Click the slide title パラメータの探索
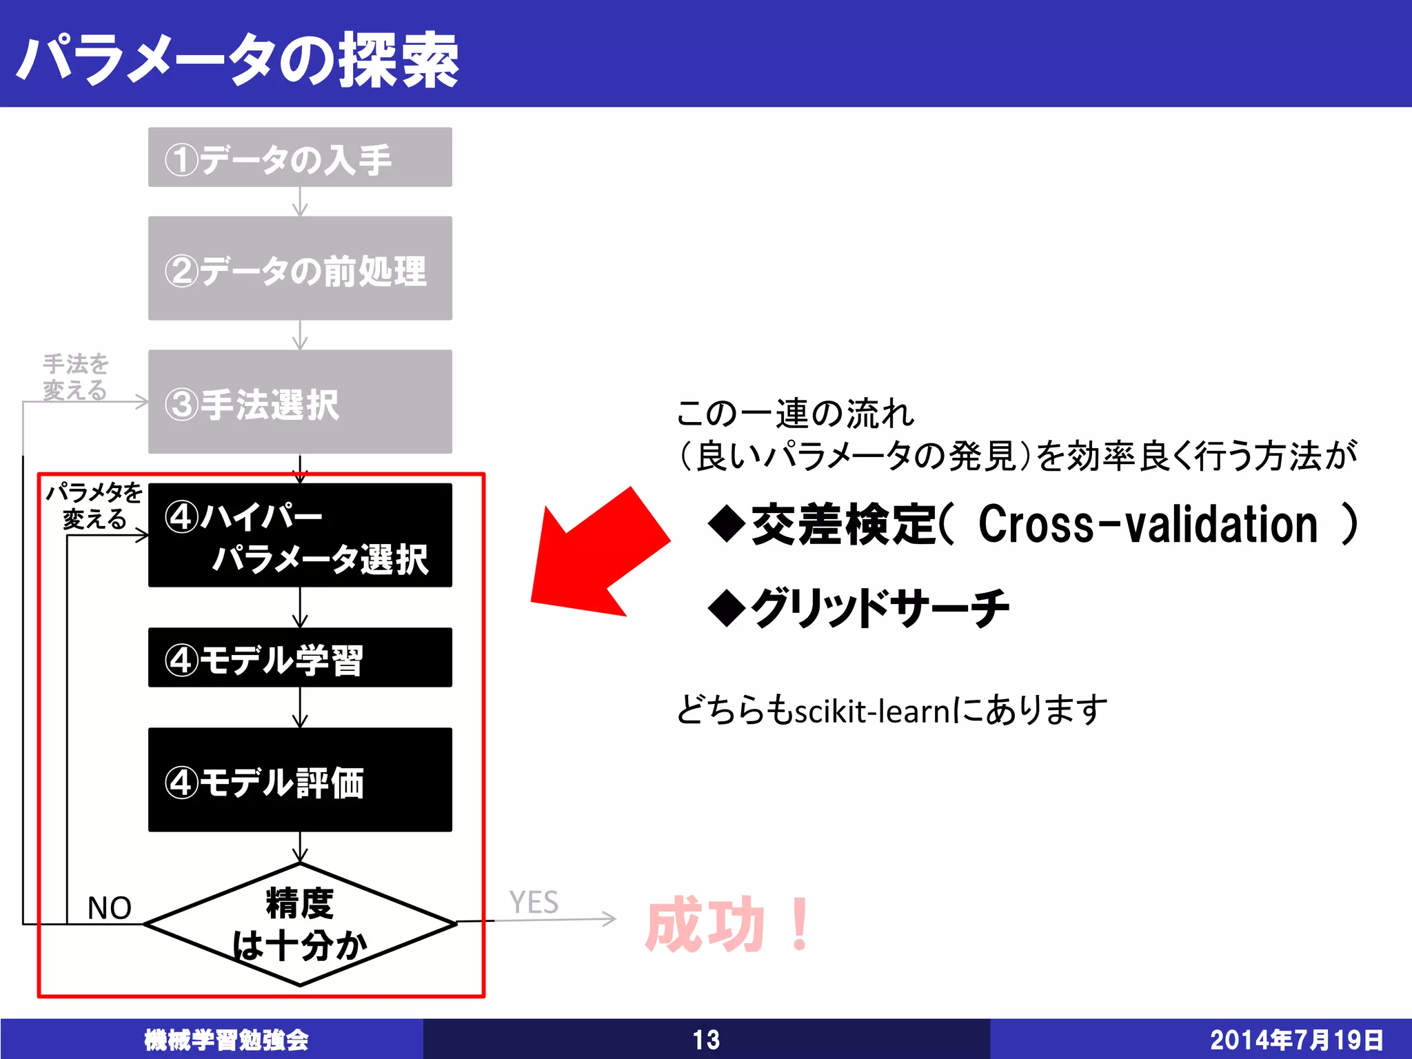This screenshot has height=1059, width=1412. click(238, 61)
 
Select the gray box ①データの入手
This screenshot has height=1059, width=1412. click(300, 157)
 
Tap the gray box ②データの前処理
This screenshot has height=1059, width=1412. click(300, 269)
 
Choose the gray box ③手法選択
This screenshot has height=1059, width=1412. click(300, 402)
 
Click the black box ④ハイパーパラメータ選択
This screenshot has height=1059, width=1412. click(300, 536)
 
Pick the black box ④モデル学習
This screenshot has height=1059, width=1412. click(300, 658)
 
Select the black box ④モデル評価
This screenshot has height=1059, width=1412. click(300, 780)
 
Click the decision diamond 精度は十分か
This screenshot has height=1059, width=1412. click(300, 924)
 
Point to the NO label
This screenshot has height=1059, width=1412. click(110, 908)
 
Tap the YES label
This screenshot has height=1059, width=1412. click(534, 902)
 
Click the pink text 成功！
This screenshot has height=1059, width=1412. click(728, 924)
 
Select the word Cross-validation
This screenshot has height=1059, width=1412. click(1148, 525)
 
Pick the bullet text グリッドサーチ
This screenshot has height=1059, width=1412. click(879, 608)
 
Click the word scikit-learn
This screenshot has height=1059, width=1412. click(872, 710)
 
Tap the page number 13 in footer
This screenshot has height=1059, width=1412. click(706, 1040)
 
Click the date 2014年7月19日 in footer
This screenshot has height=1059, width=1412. click(1296, 1040)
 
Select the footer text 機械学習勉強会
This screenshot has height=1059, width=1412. click(226, 1040)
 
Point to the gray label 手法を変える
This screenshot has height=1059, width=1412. click(76, 376)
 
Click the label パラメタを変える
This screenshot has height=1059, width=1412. click(94, 505)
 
